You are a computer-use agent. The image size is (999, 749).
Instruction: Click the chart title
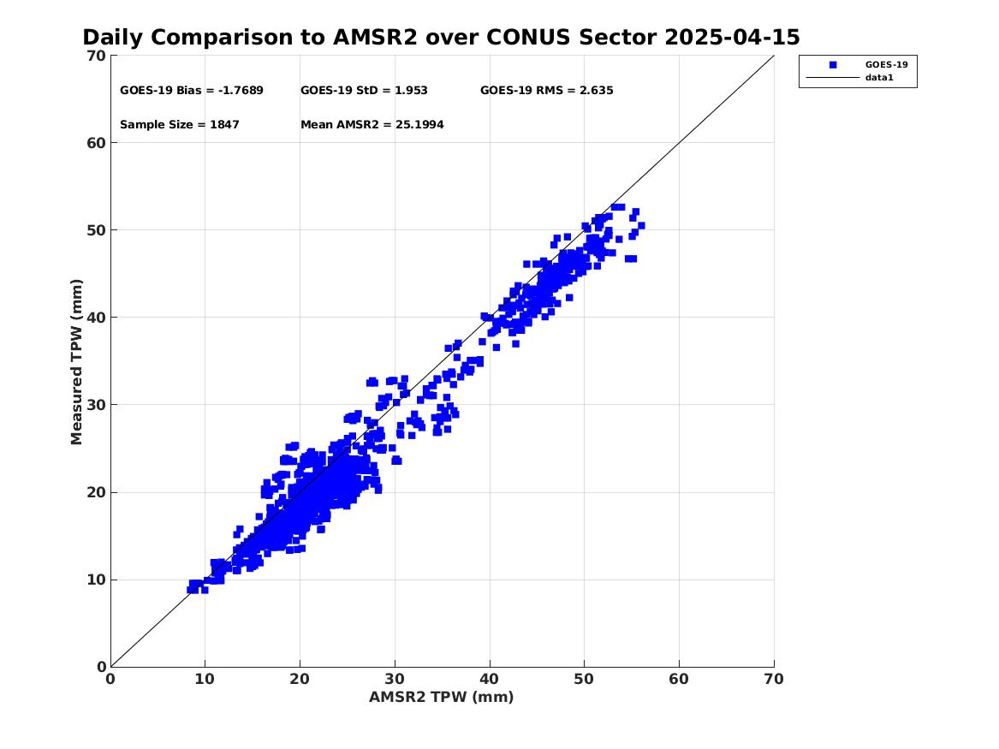(441, 38)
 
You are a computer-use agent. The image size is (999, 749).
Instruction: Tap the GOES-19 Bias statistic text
(192, 91)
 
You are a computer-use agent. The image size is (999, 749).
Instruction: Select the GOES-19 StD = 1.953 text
(364, 91)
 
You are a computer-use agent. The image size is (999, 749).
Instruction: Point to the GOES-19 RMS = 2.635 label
(547, 91)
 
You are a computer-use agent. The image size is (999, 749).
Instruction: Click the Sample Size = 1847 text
(180, 125)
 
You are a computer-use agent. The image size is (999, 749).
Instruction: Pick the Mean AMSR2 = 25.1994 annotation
(372, 125)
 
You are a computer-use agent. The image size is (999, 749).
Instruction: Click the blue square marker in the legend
(833, 65)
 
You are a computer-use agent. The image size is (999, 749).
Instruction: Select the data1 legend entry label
(879, 78)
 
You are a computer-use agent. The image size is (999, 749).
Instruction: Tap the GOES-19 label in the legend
(886, 65)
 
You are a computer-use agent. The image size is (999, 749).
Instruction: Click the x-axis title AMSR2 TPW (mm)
(442, 697)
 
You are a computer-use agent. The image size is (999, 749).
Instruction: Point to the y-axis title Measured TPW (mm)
(76, 362)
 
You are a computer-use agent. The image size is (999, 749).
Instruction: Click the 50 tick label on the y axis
(96, 230)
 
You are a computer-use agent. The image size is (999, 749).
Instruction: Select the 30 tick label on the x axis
(395, 679)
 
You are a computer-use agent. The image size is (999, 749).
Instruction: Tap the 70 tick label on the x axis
(774, 679)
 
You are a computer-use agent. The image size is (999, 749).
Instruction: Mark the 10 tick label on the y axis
(96, 580)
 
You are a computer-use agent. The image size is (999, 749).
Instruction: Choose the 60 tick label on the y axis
(96, 143)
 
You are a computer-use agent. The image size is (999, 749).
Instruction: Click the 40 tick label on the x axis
(490, 679)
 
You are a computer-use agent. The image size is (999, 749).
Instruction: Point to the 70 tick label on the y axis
(96, 56)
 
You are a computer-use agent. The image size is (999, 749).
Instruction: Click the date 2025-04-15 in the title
(732, 38)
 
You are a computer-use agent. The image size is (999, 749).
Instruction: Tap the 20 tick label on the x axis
(300, 679)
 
